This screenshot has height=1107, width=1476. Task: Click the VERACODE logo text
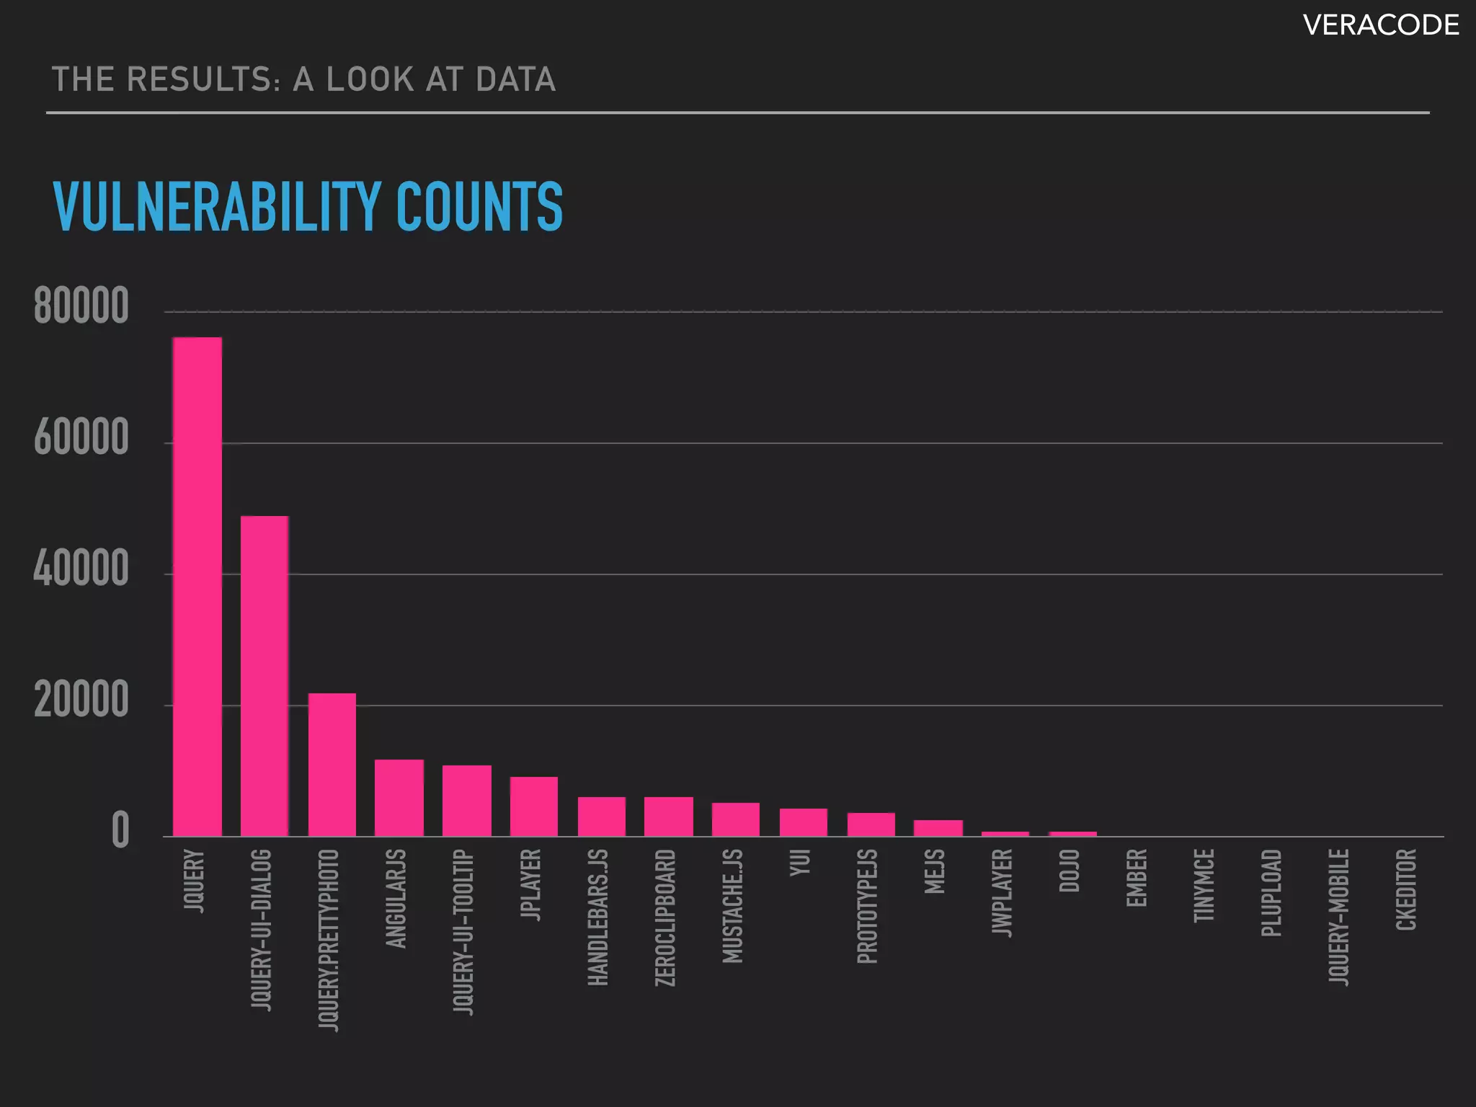(x=1380, y=26)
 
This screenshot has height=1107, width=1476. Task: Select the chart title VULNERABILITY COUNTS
(x=308, y=207)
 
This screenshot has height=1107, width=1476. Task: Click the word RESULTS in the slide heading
(x=203, y=79)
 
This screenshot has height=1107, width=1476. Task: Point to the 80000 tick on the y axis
(x=81, y=306)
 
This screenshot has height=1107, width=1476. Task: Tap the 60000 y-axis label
(x=81, y=437)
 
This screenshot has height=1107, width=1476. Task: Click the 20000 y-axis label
(x=81, y=700)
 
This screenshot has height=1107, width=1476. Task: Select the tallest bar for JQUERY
(x=197, y=587)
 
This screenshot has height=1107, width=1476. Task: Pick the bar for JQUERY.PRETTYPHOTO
(x=332, y=765)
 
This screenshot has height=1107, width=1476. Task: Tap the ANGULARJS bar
(x=399, y=798)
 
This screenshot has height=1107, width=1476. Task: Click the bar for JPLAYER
(x=534, y=806)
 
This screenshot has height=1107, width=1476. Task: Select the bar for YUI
(x=804, y=822)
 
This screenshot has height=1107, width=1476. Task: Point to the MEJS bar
(x=938, y=828)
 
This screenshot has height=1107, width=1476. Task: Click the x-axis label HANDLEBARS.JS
(x=598, y=917)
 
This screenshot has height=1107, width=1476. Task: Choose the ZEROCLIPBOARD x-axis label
(x=665, y=917)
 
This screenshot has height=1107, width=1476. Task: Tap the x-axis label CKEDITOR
(x=1406, y=889)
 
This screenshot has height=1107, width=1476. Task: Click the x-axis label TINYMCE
(x=1204, y=885)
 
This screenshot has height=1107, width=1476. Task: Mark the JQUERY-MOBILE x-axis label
(x=1339, y=917)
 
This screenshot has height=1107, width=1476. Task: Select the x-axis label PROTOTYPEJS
(x=868, y=906)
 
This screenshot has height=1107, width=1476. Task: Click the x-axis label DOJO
(x=1070, y=870)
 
